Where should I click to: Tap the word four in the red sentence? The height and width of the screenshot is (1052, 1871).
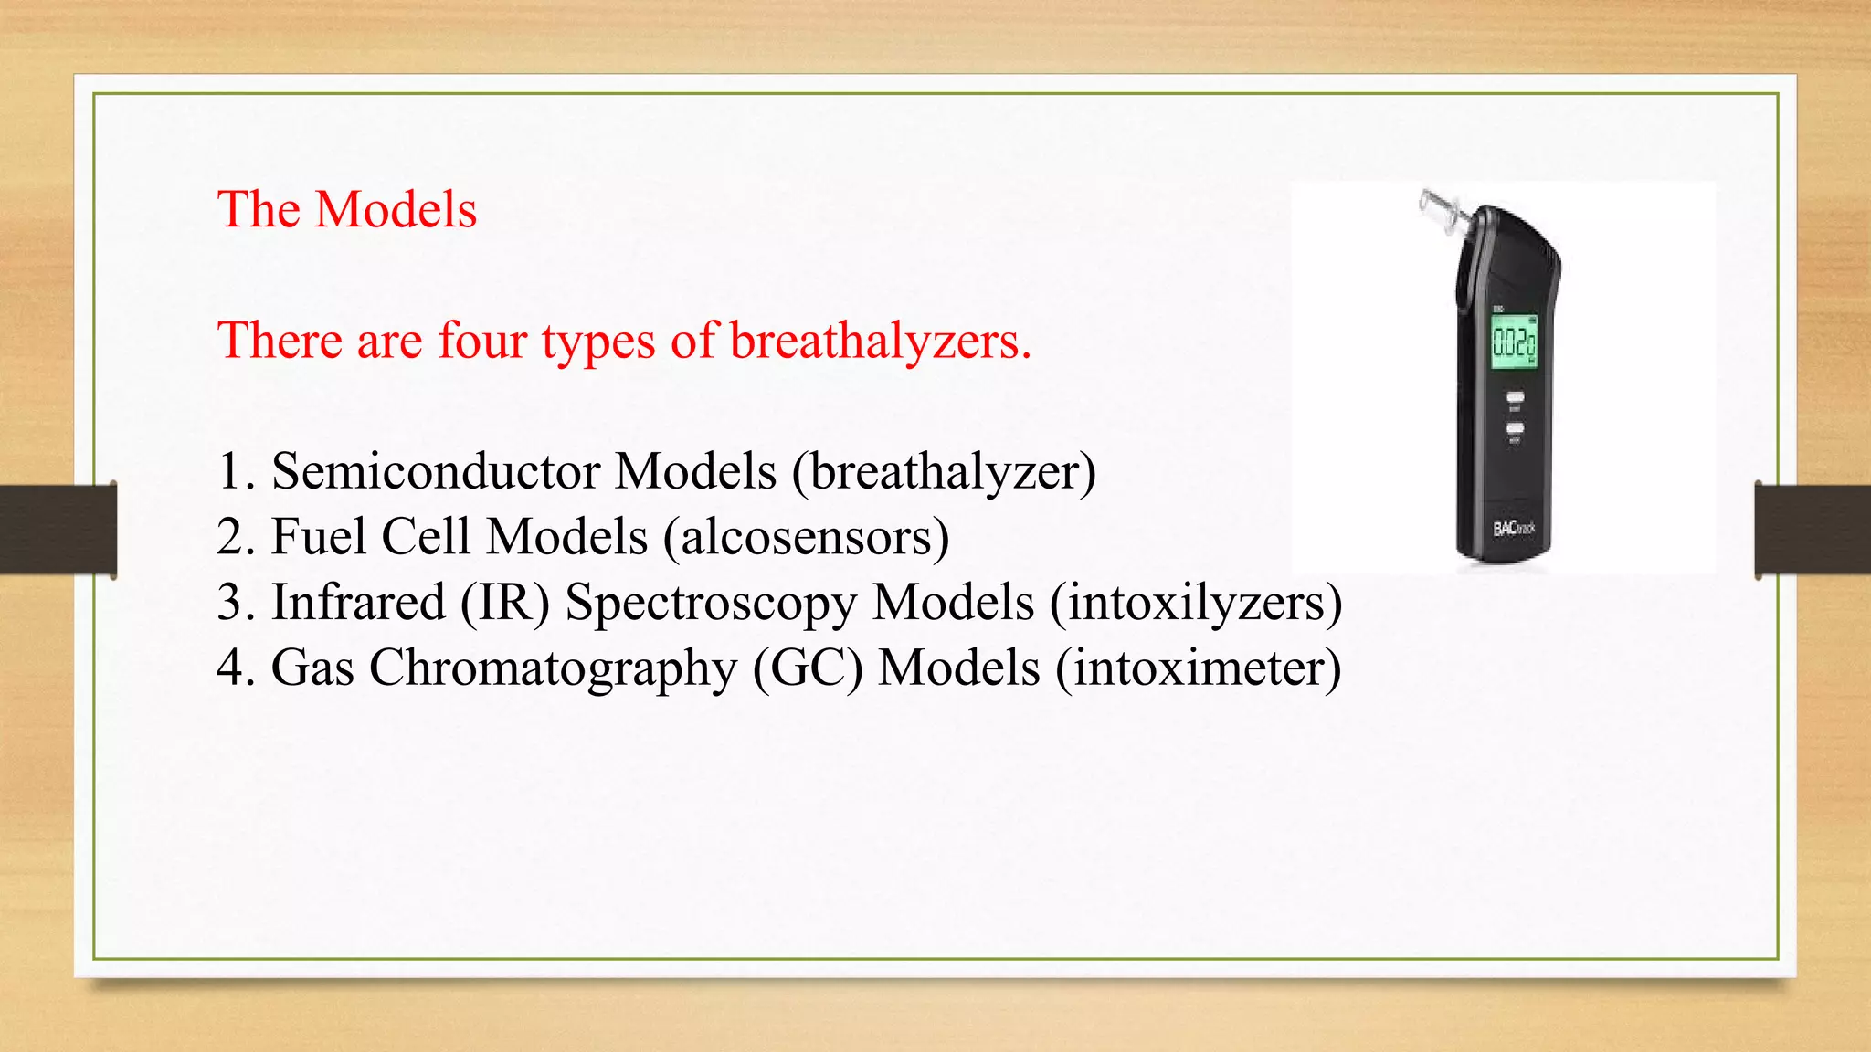click(482, 341)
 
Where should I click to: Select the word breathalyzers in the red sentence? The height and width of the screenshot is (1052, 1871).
click(880, 341)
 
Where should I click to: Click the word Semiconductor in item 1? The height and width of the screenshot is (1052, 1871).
click(436, 472)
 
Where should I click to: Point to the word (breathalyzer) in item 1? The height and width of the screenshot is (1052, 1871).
click(944, 472)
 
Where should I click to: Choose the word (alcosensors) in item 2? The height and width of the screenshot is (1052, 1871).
click(806, 537)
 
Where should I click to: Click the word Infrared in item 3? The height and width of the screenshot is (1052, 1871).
click(358, 603)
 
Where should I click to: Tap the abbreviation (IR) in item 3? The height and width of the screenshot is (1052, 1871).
click(505, 603)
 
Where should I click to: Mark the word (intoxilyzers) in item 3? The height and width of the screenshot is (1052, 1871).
click(1196, 603)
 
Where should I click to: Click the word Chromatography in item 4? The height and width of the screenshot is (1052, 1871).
click(553, 668)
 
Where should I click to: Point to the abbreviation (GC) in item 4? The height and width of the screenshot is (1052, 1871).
click(808, 668)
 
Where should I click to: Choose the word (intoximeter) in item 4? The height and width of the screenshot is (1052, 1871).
click(1199, 668)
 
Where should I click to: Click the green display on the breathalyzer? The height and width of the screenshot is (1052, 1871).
click(1514, 342)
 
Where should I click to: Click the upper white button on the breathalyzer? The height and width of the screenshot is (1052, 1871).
click(1515, 397)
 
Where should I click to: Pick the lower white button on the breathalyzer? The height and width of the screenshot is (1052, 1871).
click(1515, 427)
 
